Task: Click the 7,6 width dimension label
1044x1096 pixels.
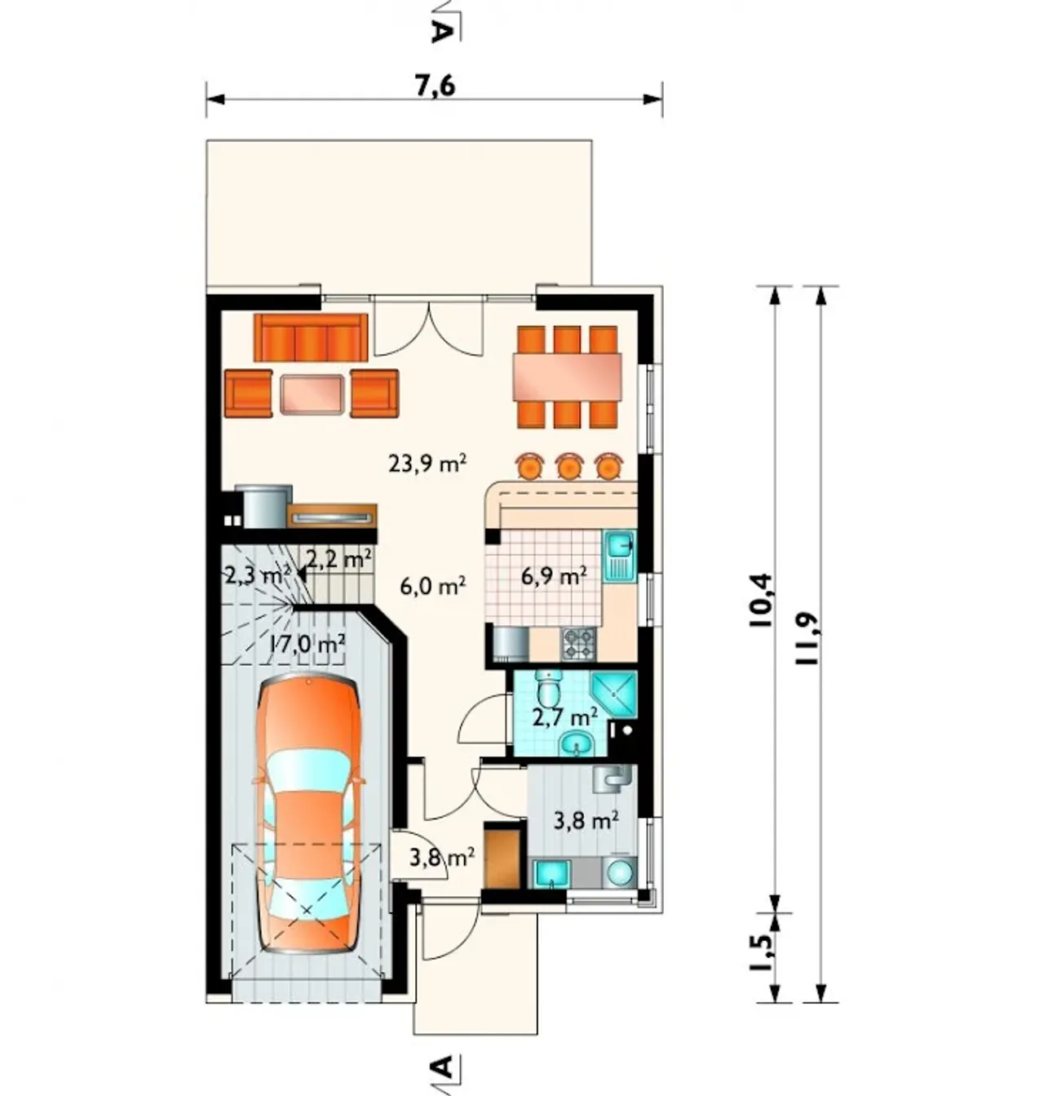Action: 436,87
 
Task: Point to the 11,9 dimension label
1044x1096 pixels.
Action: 808,639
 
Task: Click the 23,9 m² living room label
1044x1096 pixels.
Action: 427,464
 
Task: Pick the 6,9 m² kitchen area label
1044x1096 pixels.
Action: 554,575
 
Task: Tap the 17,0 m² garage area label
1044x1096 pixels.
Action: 307,644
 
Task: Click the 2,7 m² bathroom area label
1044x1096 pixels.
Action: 565,717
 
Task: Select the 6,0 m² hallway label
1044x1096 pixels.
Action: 433,585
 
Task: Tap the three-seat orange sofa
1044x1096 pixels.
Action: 311,337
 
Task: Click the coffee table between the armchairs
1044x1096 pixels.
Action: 312,394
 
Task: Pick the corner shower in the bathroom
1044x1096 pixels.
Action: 613,693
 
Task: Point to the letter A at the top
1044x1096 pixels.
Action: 440,33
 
